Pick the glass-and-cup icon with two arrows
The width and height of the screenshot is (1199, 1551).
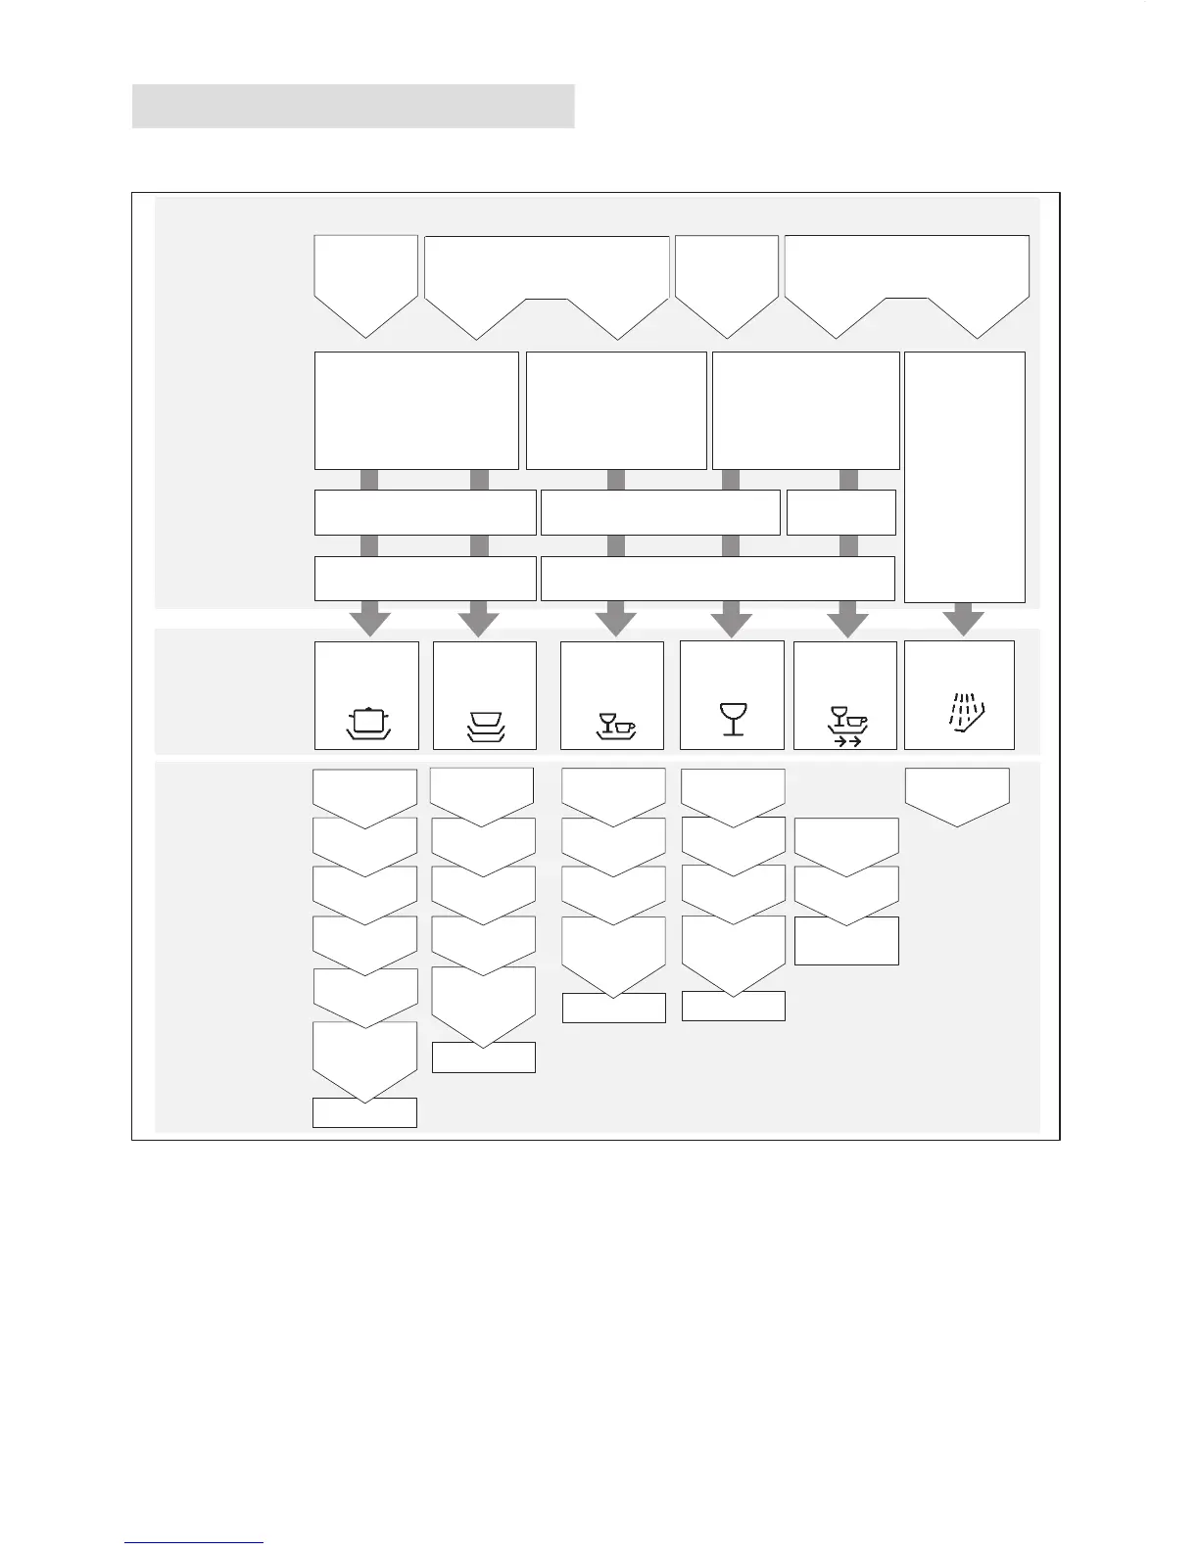tap(847, 726)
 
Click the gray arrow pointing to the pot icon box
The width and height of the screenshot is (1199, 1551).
tap(370, 619)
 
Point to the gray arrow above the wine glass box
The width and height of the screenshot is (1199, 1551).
tap(731, 619)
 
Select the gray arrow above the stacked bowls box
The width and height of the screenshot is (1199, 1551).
tap(479, 619)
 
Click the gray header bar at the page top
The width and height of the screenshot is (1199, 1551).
tap(353, 106)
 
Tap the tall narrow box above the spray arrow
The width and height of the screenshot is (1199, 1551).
tap(964, 476)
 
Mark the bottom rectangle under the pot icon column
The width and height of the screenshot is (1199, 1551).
tap(364, 1112)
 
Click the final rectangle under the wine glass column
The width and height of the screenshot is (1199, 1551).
tap(733, 1006)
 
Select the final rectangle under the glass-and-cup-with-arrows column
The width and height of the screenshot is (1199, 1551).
tap(846, 941)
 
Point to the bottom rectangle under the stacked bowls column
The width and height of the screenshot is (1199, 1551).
tap(484, 1057)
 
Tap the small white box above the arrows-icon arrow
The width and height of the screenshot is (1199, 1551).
tap(840, 512)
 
